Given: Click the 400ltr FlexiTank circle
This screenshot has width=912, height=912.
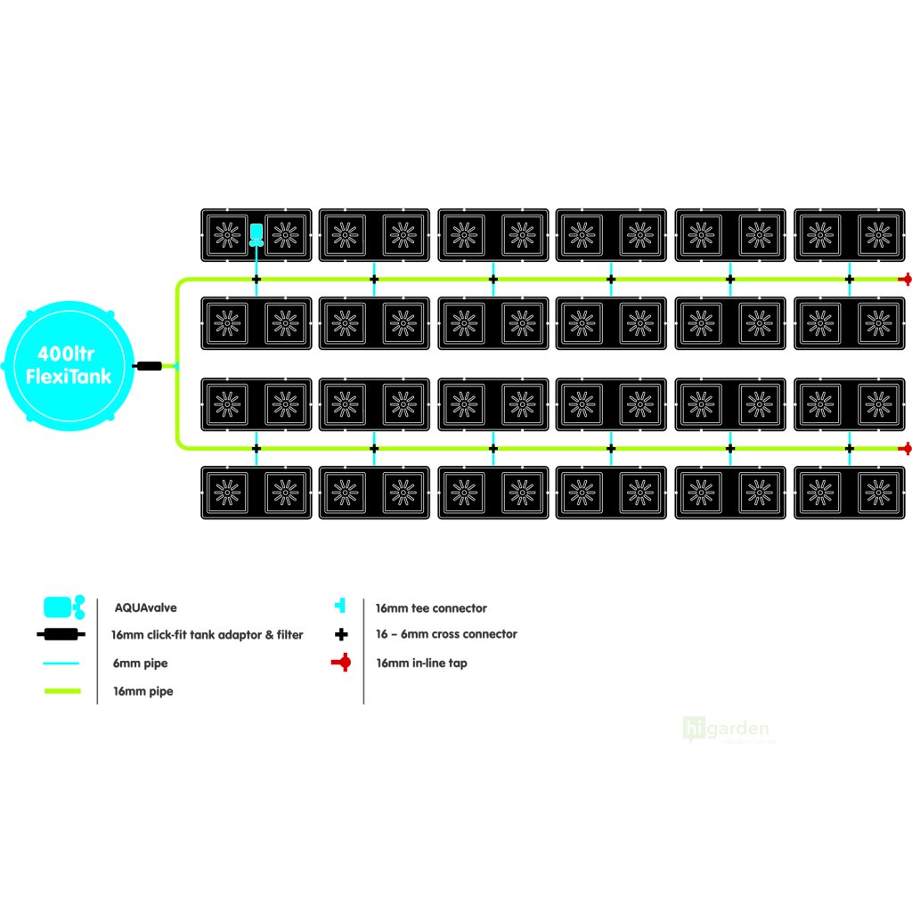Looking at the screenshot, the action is [x=69, y=365].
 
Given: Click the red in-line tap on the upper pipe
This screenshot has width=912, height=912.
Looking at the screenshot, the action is [x=906, y=279].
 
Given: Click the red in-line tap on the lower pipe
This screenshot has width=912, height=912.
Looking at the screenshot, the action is [x=906, y=448].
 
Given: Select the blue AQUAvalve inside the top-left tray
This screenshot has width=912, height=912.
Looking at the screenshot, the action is [x=256, y=233].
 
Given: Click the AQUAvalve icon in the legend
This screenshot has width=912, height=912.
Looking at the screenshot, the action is [x=63, y=607].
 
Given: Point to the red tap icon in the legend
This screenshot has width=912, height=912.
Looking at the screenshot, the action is [x=340, y=663].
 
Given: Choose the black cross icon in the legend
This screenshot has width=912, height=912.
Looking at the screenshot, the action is [x=340, y=635].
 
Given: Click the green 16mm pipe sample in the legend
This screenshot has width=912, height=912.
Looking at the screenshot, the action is [x=62, y=691].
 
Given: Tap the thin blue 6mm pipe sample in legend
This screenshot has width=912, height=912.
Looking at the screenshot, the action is [x=62, y=664].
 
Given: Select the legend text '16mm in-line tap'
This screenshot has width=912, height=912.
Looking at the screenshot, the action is [x=421, y=663].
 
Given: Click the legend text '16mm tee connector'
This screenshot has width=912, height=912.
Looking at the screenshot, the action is [x=431, y=608].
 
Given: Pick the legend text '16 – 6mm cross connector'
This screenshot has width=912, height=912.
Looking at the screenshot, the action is [x=446, y=635].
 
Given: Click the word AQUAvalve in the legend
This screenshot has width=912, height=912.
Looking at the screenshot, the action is [x=145, y=607].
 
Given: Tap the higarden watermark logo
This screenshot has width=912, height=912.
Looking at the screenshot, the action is [x=726, y=729].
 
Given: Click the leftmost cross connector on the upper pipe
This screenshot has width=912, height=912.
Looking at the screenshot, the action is [x=256, y=279].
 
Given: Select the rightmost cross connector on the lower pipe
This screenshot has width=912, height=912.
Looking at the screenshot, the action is [x=849, y=448].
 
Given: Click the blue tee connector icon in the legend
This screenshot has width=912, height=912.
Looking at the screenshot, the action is [x=339, y=607].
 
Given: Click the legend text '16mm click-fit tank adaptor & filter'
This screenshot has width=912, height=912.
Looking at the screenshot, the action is [x=208, y=635].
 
